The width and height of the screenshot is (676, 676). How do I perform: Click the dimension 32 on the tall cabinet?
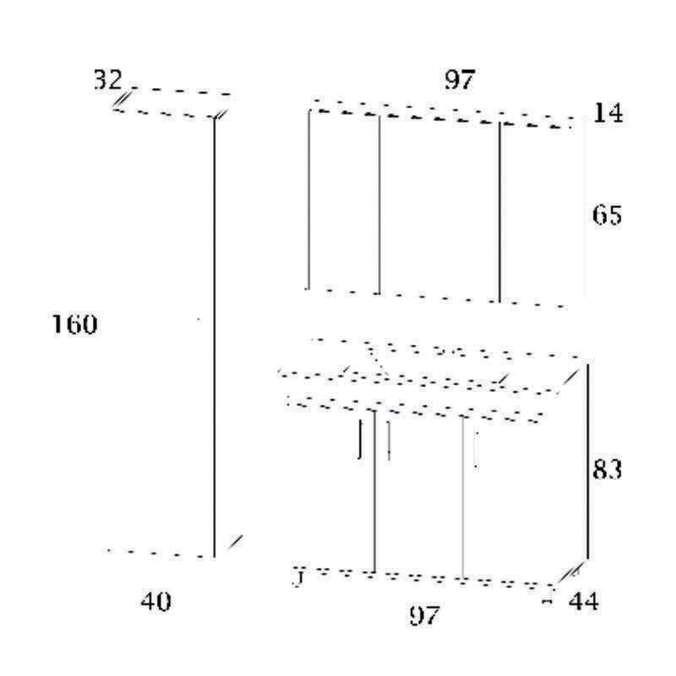(107, 80)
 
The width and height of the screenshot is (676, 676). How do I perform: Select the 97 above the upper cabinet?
(460, 80)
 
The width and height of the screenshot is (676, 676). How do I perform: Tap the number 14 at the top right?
(608, 112)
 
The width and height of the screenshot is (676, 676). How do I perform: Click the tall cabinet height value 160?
(74, 324)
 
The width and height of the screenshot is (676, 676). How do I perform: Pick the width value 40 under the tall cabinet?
(155, 602)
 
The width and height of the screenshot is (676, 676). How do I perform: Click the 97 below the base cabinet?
(423, 616)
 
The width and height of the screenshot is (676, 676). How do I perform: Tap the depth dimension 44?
(584, 602)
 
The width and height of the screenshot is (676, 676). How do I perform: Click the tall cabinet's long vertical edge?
(214, 338)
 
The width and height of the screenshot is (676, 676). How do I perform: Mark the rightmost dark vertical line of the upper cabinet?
(499, 211)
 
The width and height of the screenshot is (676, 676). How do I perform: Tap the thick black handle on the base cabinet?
(361, 438)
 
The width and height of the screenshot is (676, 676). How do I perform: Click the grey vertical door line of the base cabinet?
(463, 499)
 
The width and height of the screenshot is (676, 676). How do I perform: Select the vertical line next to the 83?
(587, 461)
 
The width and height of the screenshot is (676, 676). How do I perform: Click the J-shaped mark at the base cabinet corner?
(297, 577)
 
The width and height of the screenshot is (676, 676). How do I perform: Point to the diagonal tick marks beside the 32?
(122, 101)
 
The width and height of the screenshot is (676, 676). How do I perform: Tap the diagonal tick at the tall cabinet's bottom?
(237, 541)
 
